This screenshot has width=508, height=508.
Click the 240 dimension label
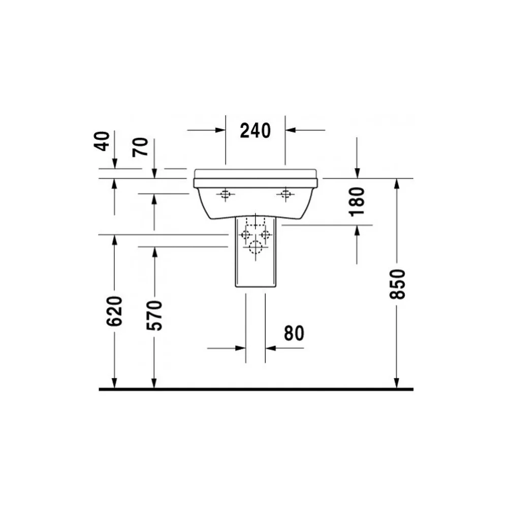tap(256, 131)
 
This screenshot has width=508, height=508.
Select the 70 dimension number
tap(140, 147)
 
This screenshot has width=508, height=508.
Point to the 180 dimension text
tap(357, 201)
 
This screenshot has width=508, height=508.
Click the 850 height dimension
tap(397, 284)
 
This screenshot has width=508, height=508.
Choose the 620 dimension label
tap(114, 311)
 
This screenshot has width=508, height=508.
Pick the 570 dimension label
tap(154, 315)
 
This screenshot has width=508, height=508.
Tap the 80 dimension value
tap(294, 333)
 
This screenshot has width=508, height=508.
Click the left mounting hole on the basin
tap(225, 195)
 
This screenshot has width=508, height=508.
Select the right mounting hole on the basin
tap(285, 194)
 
